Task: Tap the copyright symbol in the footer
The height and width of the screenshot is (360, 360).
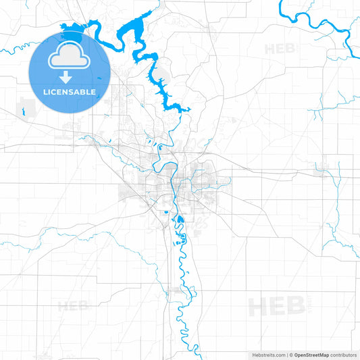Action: click(290, 354)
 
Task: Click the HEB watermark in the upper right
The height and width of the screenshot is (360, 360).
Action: click(280, 49)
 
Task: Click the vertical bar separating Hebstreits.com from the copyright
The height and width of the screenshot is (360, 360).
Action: click(286, 354)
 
